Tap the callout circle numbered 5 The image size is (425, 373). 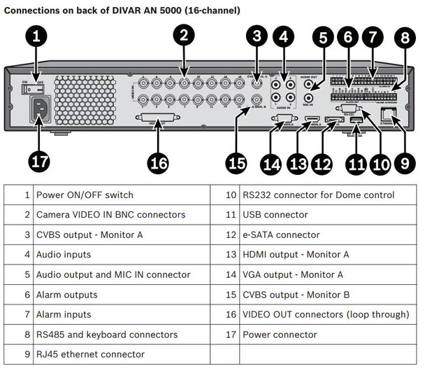coord(323,40)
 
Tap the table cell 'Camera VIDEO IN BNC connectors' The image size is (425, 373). coord(110,215)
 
